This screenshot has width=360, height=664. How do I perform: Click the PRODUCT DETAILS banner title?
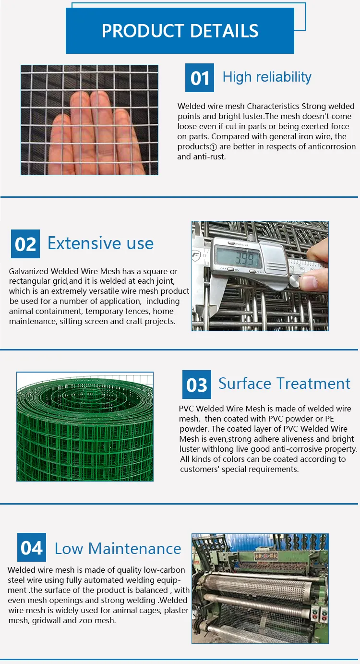(180, 31)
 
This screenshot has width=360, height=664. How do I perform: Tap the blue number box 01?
(200, 78)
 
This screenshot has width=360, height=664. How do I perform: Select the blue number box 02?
(25, 244)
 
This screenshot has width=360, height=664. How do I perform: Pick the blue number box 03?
(196, 385)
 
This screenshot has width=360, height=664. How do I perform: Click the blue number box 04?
(32, 547)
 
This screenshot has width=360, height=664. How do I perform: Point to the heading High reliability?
(267, 77)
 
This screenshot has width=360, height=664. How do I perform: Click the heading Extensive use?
(100, 243)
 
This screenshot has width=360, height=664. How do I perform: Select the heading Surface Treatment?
(284, 384)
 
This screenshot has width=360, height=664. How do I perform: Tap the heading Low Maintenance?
(118, 548)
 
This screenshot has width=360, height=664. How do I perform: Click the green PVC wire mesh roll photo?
(85, 426)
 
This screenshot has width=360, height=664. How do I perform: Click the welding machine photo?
(260, 588)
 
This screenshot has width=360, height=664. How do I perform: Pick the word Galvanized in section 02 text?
(29, 271)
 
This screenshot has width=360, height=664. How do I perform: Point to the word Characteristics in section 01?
(273, 106)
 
